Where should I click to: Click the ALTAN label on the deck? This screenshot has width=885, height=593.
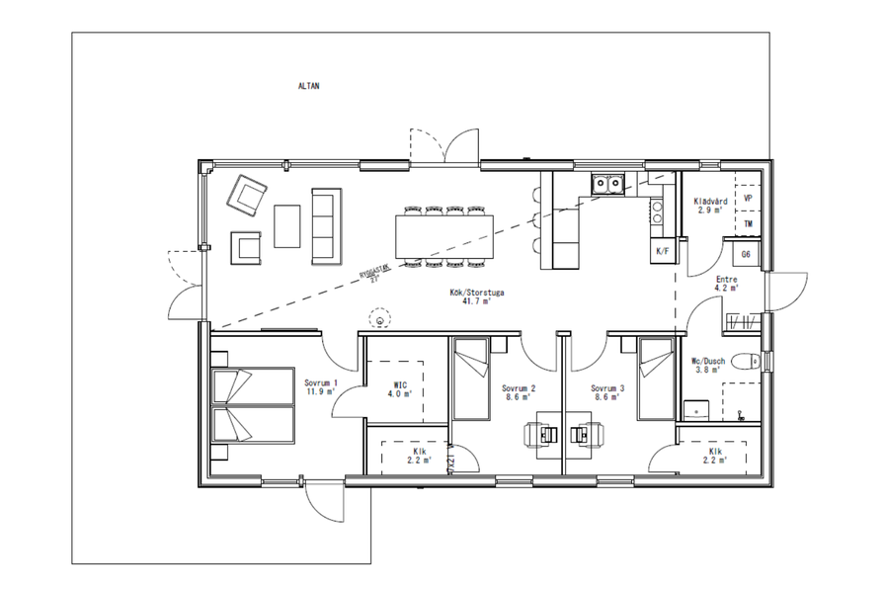[x=308, y=86]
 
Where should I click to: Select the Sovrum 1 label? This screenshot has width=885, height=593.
[x=321, y=386]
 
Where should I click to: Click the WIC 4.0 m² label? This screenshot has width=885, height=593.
[x=400, y=388]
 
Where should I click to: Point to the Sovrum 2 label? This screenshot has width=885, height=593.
[x=518, y=391]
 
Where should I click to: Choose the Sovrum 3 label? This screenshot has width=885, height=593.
[x=607, y=391]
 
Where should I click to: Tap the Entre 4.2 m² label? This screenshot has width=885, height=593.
[x=726, y=285]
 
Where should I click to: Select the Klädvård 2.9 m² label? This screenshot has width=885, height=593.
[x=711, y=205]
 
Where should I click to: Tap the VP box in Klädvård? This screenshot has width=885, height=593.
[x=748, y=198]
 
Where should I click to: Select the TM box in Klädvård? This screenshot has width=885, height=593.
[x=748, y=224]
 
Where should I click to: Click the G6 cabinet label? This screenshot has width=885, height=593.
[x=747, y=254]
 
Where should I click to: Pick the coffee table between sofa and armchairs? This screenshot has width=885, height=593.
[x=287, y=226]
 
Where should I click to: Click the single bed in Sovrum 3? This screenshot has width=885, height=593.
[x=655, y=380]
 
